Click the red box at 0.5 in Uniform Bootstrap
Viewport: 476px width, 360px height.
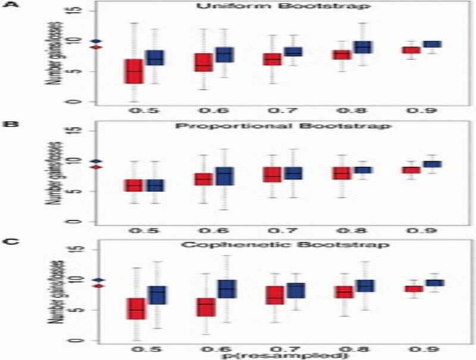tap(133, 71)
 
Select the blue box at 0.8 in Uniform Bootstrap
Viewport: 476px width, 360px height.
tap(362, 47)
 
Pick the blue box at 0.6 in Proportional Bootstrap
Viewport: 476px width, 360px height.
tap(225, 176)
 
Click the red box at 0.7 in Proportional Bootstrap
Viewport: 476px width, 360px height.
tap(272, 175)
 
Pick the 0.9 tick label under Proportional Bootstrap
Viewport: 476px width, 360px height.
tap(421, 230)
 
